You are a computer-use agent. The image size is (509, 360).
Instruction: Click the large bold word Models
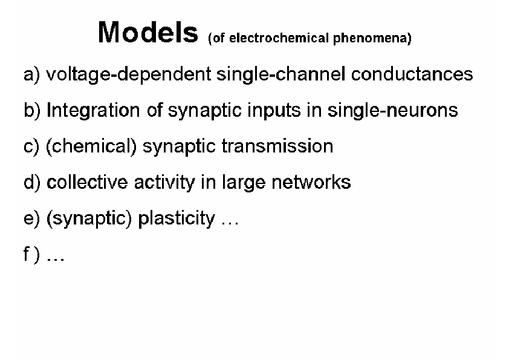pyautogui.click(x=148, y=32)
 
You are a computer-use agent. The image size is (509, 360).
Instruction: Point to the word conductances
pyautogui.click(x=412, y=74)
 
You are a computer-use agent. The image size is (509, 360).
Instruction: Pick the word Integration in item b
pyautogui.click(x=93, y=111)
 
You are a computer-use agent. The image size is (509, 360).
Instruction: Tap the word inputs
pyautogui.click(x=274, y=111)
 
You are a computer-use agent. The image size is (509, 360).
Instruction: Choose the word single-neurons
pyautogui.click(x=392, y=111)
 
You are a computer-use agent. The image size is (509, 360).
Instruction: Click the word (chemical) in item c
pyautogui.click(x=91, y=146)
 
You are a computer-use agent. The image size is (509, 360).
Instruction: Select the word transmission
pyautogui.click(x=277, y=146)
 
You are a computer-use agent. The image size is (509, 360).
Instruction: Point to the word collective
pyautogui.click(x=87, y=182)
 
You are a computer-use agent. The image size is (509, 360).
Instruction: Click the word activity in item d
pyautogui.click(x=164, y=183)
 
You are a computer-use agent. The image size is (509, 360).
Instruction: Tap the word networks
pyautogui.click(x=311, y=182)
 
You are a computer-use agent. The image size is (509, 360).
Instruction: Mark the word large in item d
pyautogui.click(x=244, y=183)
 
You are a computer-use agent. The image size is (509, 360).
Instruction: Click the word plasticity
pyautogui.click(x=177, y=218)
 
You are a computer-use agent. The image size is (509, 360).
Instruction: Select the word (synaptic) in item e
pyautogui.click(x=89, y=218)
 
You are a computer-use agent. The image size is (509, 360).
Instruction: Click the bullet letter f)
pyautogui.click(x=31, y=254)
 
